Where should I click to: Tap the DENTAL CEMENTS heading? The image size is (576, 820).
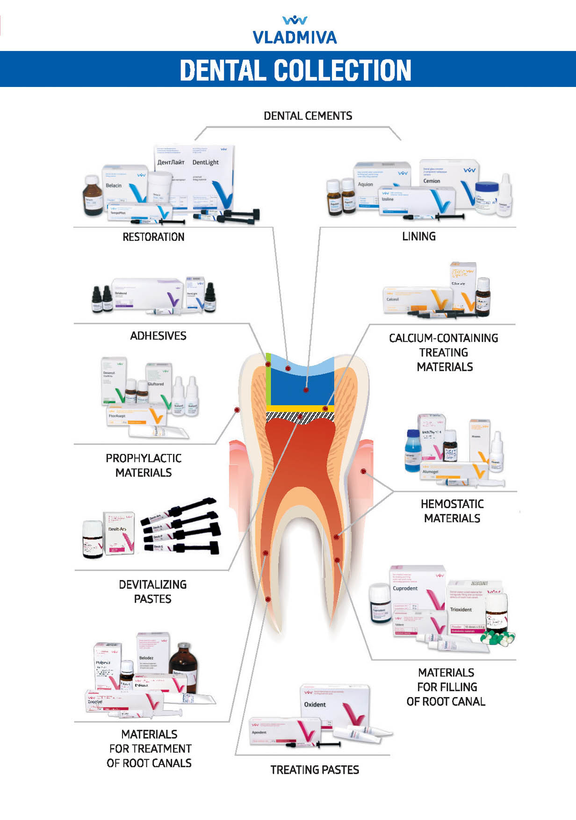coord(308,116)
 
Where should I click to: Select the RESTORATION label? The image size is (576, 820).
coord(153,237)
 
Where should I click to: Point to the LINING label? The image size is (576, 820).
coord(419,237)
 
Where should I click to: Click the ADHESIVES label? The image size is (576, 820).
coord(158,336)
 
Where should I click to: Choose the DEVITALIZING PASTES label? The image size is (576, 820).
coord(152,591)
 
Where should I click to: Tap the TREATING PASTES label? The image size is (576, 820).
coord(315,770)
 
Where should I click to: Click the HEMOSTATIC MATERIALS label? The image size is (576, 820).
coord(452,511)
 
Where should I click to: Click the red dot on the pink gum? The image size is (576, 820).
coord(363,471)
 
